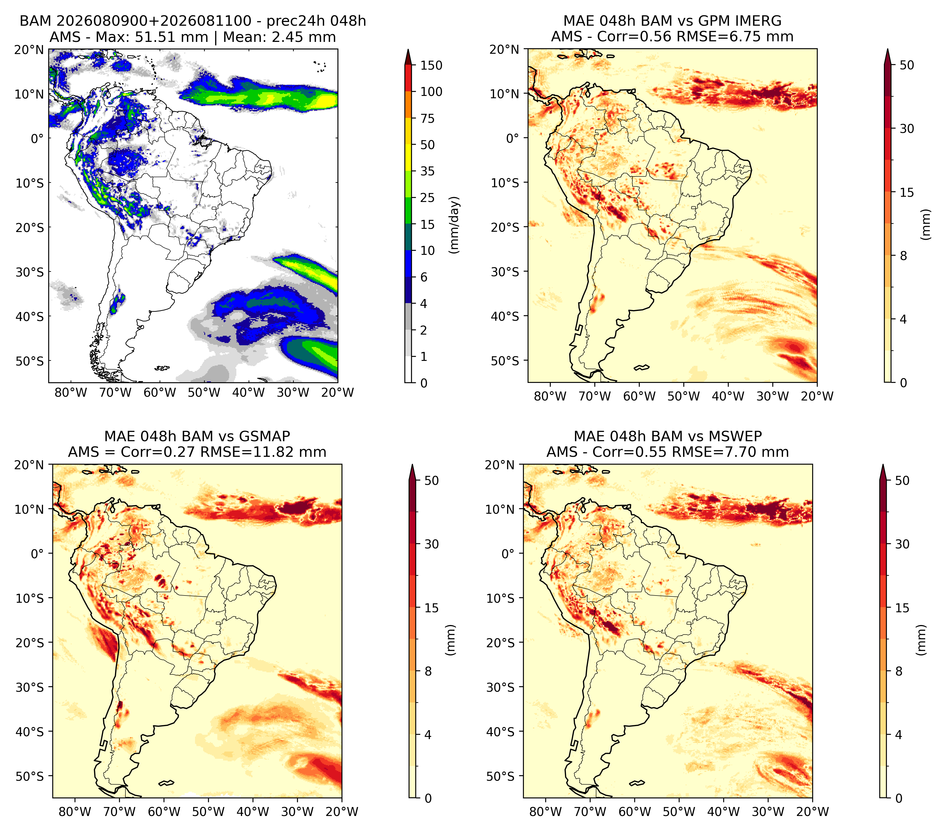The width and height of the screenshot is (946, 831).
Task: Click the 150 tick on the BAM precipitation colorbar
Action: tap(431, 65)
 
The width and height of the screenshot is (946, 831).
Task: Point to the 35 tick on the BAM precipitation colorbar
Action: tap(427, 171)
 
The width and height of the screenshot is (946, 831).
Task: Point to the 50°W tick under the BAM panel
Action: tap(204, 392)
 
